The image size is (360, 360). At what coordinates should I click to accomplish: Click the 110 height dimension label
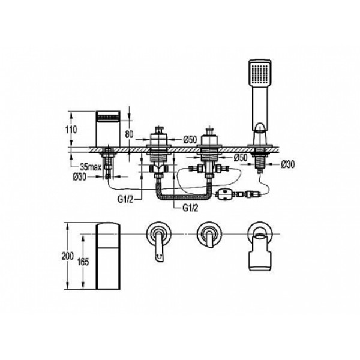[71, 130]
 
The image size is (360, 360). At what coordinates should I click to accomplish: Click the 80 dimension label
[129, 134]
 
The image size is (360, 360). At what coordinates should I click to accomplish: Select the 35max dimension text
[90, 167]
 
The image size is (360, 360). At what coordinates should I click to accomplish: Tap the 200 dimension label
[68, 256]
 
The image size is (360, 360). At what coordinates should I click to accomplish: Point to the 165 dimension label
[83, 262]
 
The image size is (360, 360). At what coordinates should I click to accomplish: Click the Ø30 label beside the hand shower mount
[287, 164]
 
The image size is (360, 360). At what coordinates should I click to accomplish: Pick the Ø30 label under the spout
[80, 177]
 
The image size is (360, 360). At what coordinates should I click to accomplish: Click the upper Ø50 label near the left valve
[190, 139]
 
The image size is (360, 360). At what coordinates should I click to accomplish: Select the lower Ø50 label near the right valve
[241, 157]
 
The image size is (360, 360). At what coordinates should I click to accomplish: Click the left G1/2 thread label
[125, 200]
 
